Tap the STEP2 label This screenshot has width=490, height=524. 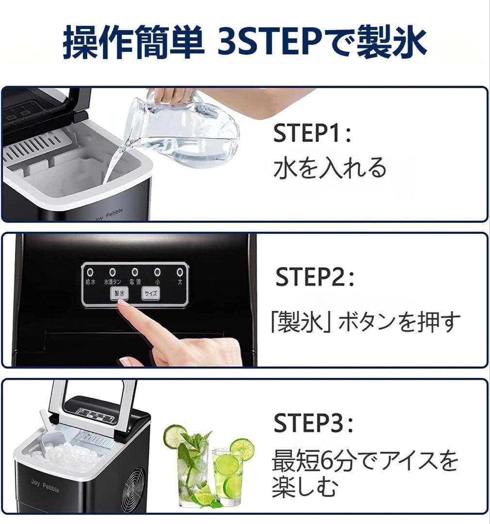[x=314, y=277]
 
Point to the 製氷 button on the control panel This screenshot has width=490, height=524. [x=119, y=294]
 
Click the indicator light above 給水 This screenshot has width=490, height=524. [x=90, y=272]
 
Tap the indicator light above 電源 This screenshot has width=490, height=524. [x=135, y=272]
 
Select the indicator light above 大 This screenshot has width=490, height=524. [x=180, y=272]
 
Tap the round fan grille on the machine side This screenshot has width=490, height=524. [x=133, y=488]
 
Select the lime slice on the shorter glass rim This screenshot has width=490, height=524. [x=242, y=448]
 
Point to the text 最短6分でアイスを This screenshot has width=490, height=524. [x=364, y=460]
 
